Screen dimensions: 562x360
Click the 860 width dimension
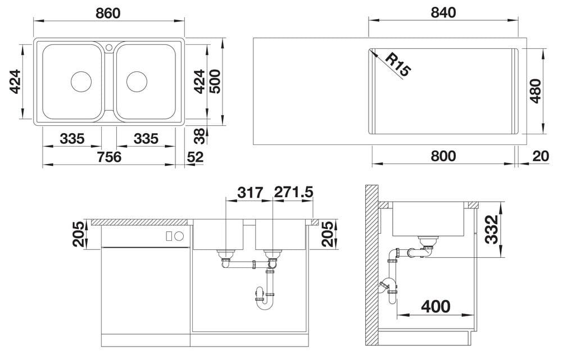point(108,13)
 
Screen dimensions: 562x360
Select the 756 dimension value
point(110,157)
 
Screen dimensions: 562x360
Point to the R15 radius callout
point(398,65)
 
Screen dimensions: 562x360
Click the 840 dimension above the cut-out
point(443,12)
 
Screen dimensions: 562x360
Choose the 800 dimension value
point(443,156)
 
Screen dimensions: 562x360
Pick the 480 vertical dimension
point(536,91)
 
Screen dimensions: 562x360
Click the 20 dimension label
point(541,156)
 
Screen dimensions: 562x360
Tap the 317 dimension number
point(251,193)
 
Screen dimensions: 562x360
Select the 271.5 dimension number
point(293,193)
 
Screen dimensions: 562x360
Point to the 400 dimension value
point(436,306)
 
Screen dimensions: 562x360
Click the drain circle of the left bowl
point(81,81)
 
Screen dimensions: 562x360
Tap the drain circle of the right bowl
point(137,81)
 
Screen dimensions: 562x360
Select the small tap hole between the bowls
point(109,47)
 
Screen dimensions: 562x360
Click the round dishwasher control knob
point(179,236)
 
